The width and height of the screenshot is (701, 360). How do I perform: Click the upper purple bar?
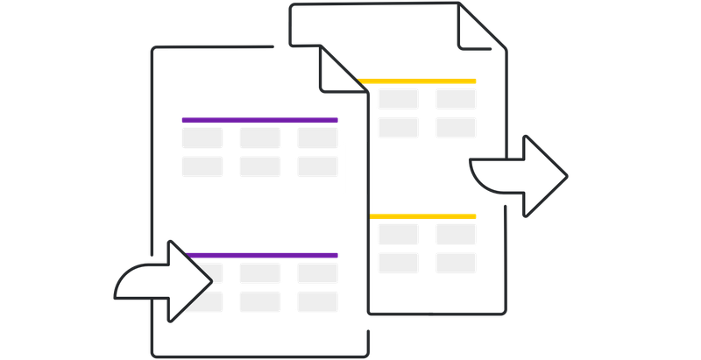tap(259, 120)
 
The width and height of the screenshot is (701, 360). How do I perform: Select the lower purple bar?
tap(261, 255)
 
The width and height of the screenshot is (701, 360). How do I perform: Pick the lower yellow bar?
tap(423, 215)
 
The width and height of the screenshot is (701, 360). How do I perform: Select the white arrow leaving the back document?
tap(521, 175)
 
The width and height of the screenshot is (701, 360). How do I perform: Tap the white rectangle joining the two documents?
tap(354, 167)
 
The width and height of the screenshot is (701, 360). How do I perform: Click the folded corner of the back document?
tap(477, 30)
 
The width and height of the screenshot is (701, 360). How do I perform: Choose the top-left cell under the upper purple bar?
tap(201, 138)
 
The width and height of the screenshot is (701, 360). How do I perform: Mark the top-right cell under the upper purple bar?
tap(317, 138)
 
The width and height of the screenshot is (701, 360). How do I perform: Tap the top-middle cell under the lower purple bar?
tap(259, 272)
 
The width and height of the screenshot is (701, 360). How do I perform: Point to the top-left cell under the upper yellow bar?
tap(398, 98)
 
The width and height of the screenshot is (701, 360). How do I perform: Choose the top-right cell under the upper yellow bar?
tap(456, 98)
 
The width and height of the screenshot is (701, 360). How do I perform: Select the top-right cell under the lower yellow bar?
tap(456, 234)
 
